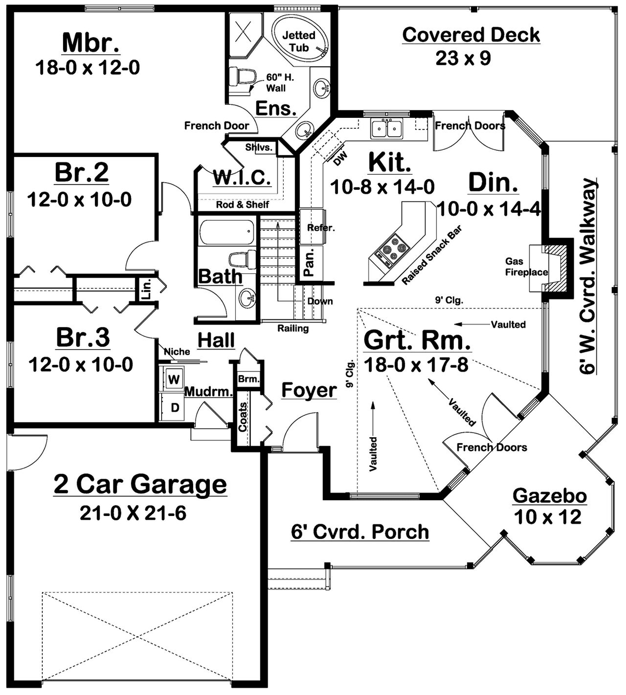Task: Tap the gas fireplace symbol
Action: pyautogui.click(x=555, y=268)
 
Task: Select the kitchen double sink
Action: pyautogui.click(x=387, y=128)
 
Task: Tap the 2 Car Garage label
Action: pyautogui.click(x=140, y=484)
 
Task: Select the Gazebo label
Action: pyautogui.click(x=550, y=495)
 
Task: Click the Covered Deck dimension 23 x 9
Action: pyautogui.click(x=463, y=58)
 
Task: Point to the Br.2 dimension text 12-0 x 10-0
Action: pyautogui.click(x=80, y=199)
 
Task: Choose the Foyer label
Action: pyautogui.click(x=309, y=390)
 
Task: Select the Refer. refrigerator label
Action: pyautogui.click(x=321, y=228)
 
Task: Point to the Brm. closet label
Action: pyautogui.click(x=248, y=379)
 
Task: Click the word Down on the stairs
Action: pyautogui.click(x=320, y=302)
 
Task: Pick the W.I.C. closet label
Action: pyautogui.click(x=242, y=177)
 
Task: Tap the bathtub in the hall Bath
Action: pyautogui.click(x=227, y=232)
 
